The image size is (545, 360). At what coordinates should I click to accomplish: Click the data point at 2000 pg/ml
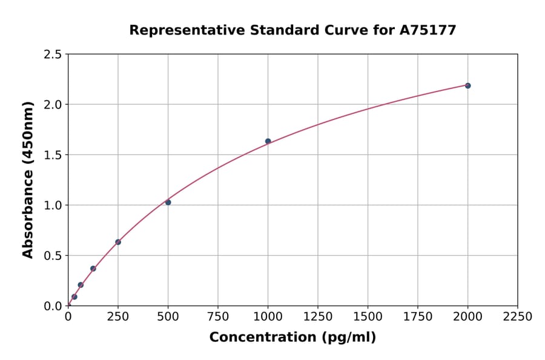tap(467, 85)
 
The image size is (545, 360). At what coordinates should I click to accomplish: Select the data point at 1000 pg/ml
tap(268, 141)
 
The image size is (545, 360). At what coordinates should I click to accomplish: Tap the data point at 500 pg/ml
tap(168, 202)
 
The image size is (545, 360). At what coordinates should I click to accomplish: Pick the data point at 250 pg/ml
tap(118, 242)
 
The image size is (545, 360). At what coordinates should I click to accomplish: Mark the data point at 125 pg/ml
tap(93, 268)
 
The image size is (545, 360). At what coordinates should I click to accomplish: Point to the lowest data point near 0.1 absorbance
tap(74, 297)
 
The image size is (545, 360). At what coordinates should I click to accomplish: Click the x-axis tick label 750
tap(218, 317)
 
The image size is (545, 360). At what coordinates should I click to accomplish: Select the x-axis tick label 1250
tap(318, 317)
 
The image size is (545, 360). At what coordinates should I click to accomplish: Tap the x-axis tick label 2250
tap(518, 317)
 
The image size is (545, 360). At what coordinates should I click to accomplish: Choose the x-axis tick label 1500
tap(368, 317)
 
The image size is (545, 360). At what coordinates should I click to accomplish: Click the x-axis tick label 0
tap(68, 317)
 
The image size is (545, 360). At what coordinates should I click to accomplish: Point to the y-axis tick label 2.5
tap(53, 55)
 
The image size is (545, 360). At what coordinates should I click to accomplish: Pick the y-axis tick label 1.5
tap(53, 155)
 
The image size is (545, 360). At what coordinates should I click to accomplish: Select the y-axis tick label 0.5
tap(53, 256)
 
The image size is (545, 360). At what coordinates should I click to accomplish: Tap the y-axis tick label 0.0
tap(53, 306)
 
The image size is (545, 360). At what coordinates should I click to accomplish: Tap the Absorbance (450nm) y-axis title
tap(28, 179)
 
